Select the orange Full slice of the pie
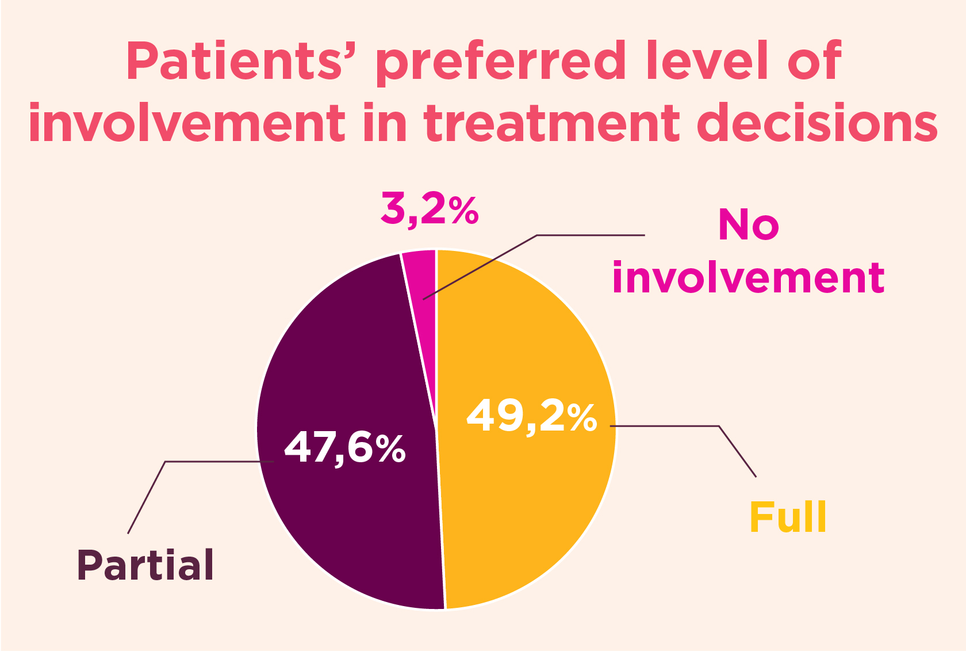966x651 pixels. click(x=529, y=507)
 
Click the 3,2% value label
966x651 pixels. click(x=430, y=210)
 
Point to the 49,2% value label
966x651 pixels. click(x=531, y=416)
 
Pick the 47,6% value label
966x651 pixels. click(x=345, y=448)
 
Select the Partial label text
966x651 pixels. click(x=145, y=565)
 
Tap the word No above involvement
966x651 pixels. click(x=748, y=225)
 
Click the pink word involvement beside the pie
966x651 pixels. click(x=748, y=278)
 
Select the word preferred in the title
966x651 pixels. click(x=500, y=62)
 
